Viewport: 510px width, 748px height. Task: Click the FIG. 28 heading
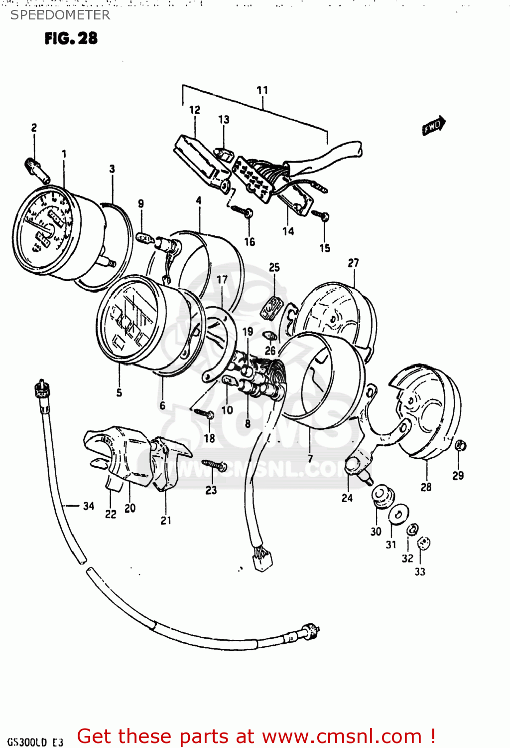click(71, 38)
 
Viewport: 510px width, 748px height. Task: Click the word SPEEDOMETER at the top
click(60, 15)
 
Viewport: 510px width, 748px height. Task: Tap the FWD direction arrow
click(433, 126)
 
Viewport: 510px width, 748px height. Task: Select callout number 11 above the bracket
click(262, 90)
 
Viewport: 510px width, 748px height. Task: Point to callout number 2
click(34, 128)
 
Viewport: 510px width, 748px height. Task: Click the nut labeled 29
click(461, 445)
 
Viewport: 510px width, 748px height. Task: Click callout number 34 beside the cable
click(88, 506)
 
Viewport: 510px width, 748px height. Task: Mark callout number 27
click(353, 263)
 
